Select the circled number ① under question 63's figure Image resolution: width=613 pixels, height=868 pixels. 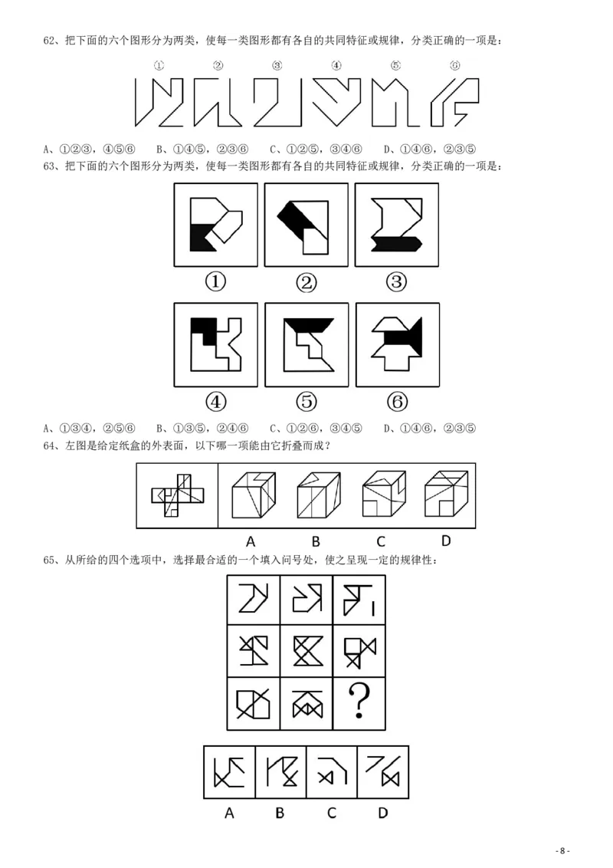(x=216, y=282)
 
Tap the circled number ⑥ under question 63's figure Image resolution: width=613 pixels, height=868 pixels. (x=397, y=402)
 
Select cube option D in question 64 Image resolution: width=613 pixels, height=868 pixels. (x=446, y=495)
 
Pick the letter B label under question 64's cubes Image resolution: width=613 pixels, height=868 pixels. (x=316, y=541)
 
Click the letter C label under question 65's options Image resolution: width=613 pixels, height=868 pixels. (x=331, y=813)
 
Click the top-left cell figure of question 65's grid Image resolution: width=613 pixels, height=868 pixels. (x=254, y=599)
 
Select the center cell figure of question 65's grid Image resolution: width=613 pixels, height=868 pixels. (x=306, y=651)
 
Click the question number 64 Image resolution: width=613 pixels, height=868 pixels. (x=50, y=446)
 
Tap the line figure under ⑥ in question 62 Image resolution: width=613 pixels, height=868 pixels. (x=454, y=102)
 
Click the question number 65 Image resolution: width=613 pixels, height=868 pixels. (x=50, y=561)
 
